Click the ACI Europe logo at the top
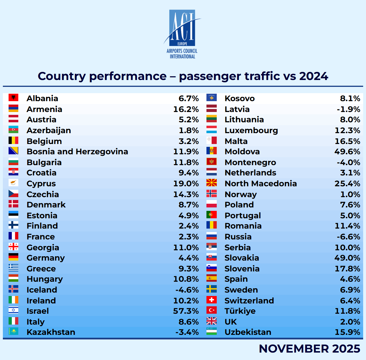tap(182, 34)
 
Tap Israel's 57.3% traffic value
tap(186, 311)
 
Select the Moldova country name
tap(242, 151)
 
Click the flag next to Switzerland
tap(212, 300)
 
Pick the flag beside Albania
tap(13, 98)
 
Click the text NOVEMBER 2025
tap(309, 349)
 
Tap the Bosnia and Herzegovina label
tap(77, 151)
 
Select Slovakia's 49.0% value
tap(347, 258)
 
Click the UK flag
tap(212, 321)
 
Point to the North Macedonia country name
tap(261, 183)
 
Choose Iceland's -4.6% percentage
tap(187, 290)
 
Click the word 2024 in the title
tap(314, 76)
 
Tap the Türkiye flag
tap(212, 310)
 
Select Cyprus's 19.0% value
tap(186, 183)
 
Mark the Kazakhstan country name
tap(51, 332)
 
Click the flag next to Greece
tap(13, 268)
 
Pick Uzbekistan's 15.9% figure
tap(347, 332)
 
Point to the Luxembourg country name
tap(251, 130)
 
